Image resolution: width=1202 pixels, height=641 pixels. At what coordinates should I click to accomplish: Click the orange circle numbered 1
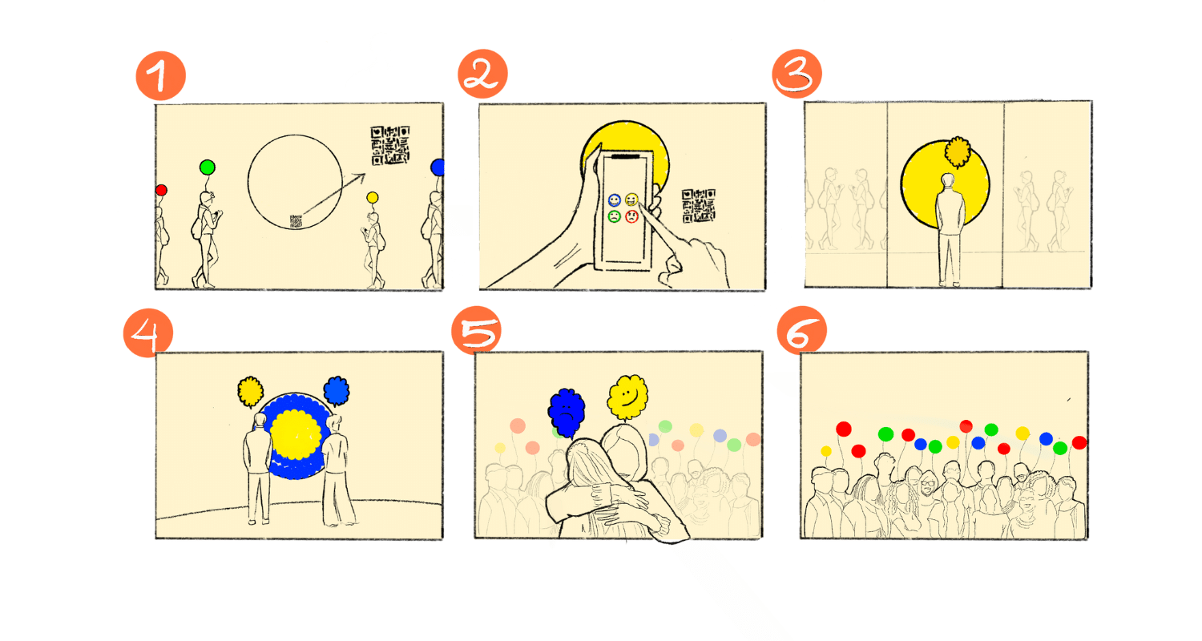[x=161, y=75]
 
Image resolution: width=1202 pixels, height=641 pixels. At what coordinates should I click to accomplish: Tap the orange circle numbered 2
[x=482, y=74]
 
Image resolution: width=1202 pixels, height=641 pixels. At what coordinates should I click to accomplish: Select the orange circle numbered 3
[x=797, y=74]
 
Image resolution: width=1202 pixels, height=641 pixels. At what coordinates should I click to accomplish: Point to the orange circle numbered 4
[x=148, y=333]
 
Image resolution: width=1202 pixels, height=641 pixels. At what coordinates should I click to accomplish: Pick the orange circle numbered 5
[x=477, y=330]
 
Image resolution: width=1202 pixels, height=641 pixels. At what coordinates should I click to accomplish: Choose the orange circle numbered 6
[x=801, y=330]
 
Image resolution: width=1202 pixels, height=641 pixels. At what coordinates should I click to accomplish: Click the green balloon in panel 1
[x=207, y=167]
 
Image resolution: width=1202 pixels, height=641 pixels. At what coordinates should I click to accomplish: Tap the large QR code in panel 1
[x=390, y=145]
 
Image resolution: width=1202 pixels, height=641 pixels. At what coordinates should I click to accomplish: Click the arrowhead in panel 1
[x=360, y=178]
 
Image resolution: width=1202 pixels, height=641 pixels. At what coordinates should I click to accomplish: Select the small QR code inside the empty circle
[x=296, y=221]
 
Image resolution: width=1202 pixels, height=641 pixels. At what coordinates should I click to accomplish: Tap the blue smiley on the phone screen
[x=615, y=200]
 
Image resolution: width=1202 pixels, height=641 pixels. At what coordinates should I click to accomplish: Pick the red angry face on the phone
[x=631, y=216]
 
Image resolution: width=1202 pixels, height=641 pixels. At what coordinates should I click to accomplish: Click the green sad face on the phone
[x=615, y=216]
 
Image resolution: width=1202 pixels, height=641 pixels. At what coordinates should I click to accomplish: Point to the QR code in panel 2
[x=699, y=205]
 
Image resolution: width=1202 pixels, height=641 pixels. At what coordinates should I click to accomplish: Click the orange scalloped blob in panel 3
[x=958, y=151]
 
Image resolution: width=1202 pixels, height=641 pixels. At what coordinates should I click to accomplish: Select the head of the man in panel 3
[x=948, y=181]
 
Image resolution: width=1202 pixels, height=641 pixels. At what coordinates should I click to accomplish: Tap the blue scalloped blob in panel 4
[x=337, y=390]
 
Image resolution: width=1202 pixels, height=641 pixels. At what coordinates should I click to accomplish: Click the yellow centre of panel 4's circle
[x=296, y=434]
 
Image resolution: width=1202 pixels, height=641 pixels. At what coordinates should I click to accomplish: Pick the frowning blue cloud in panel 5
[x=566, y=412]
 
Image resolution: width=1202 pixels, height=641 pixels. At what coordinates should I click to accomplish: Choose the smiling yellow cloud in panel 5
[x=627, y=397]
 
